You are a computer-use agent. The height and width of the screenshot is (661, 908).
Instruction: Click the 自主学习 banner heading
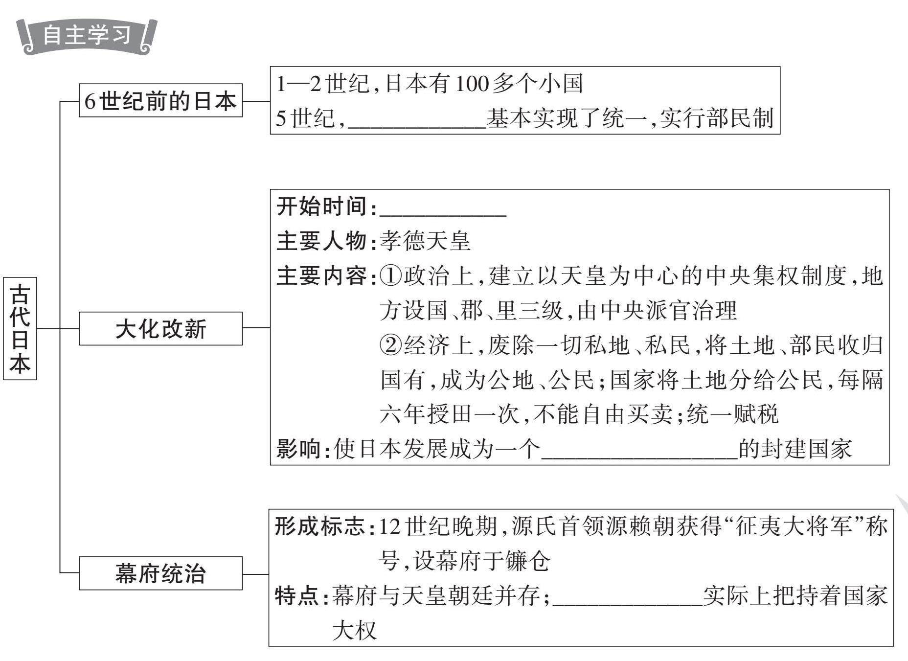87,35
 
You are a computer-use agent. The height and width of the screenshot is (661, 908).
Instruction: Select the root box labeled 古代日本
20,328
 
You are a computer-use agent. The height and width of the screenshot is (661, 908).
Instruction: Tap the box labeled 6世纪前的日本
160,101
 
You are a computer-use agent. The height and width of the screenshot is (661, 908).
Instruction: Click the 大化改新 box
160,329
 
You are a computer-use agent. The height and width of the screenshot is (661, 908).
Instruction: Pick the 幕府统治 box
160,573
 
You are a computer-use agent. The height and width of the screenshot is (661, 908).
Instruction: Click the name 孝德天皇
425,241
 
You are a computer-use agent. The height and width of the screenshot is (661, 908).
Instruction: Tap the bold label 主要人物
321,241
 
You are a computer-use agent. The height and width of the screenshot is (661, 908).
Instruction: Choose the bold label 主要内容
321,276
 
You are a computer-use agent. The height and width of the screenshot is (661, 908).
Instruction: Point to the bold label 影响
299,449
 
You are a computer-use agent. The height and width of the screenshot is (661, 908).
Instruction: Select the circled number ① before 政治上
390,276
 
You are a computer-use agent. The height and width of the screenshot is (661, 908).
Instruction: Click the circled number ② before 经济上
390,345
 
